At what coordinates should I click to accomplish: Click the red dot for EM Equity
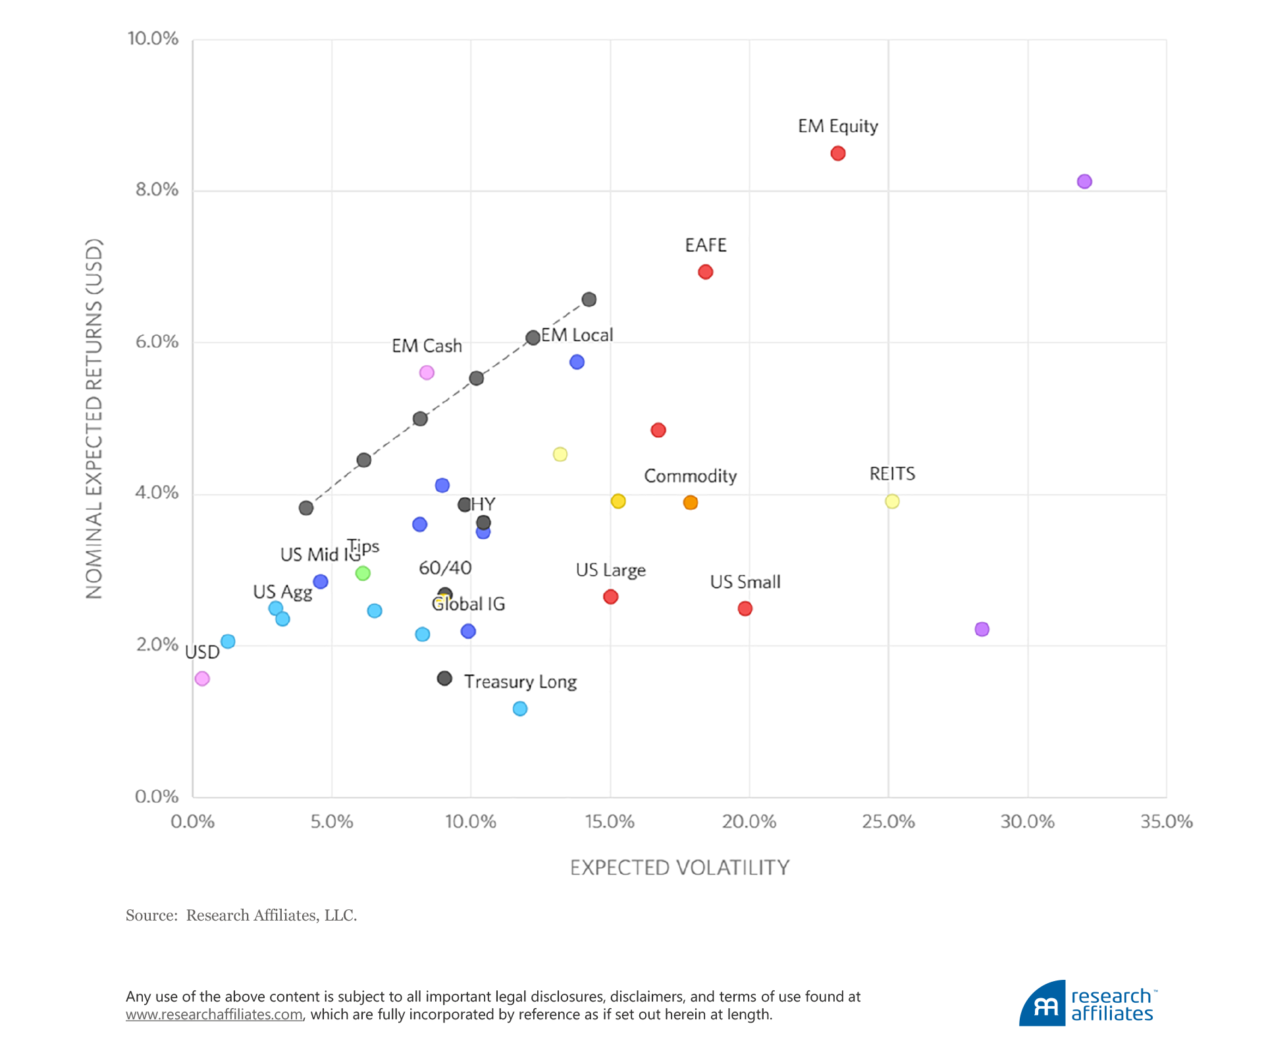(x=837, y=153)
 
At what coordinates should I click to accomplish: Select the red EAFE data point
(x=705, y=272)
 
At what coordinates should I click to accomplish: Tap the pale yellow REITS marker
(x=892, y=502)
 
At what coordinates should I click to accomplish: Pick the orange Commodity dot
(x=690, y=502)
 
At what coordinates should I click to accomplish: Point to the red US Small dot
(x=745, y=608)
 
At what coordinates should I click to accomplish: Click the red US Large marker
(x=610, y=597)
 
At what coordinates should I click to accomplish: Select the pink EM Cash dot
(x=427, y=373)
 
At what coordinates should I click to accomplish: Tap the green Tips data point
(x=363, y=573)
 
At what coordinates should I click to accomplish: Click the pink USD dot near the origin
(x=202, y=678)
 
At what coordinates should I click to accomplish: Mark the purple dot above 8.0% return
(x=1084, y=181)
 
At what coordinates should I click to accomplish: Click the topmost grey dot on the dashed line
(x=589, y=300)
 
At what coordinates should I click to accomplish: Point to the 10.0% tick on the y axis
(x=153, y=39)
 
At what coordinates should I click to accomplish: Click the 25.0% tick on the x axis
(x=888, y=822)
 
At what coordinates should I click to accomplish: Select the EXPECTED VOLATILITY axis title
(x=679, y=868)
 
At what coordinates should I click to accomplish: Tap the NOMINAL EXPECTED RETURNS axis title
(x=94, y=419)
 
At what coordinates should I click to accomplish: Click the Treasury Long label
(x=520, y=682)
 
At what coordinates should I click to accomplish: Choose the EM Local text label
(x=577, y=335)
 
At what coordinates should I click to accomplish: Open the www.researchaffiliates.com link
(x=214, y=1015)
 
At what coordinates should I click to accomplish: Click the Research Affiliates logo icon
(x=1043, y=1005)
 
